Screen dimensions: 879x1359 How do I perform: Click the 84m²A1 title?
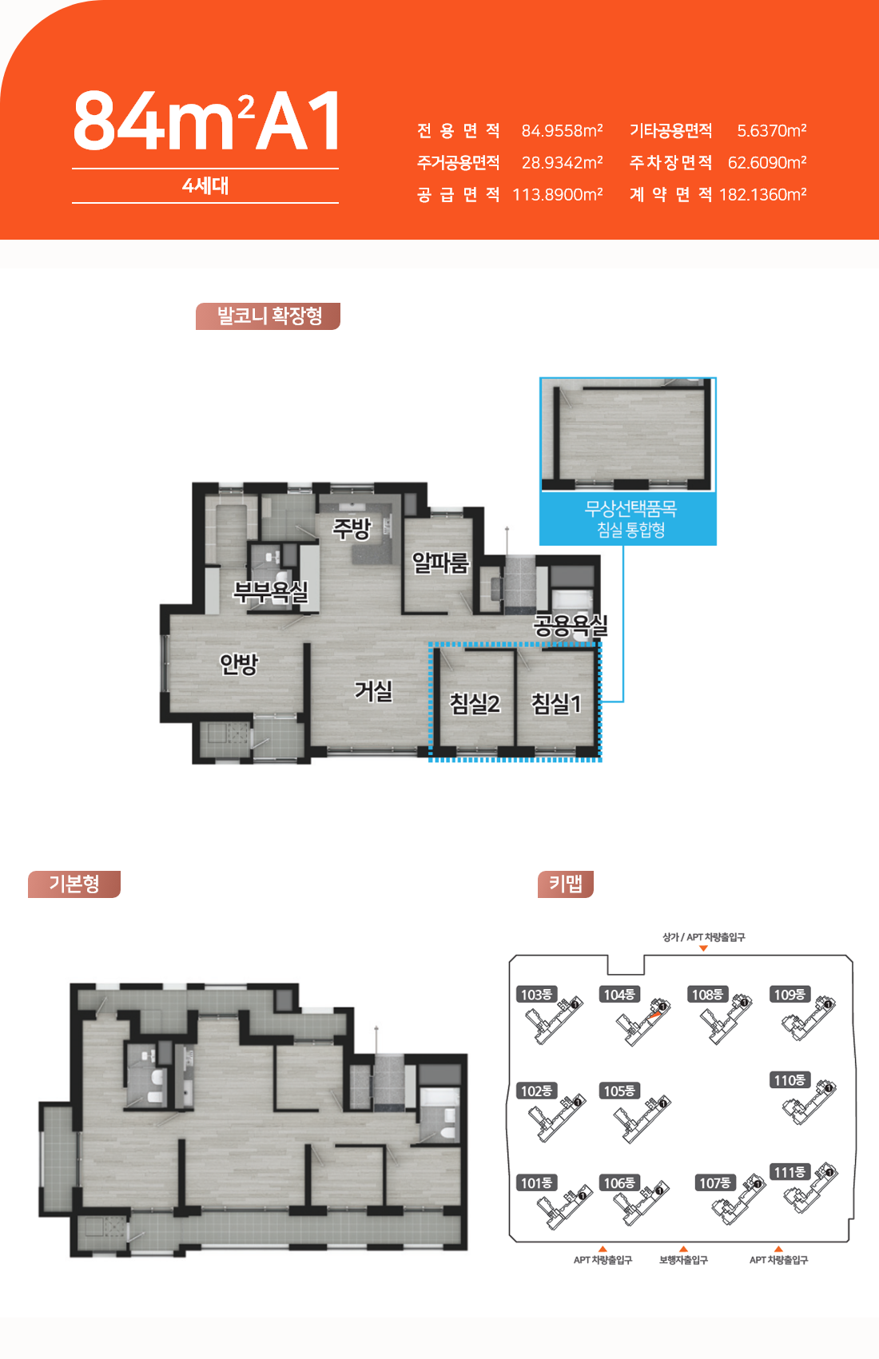point(205,120)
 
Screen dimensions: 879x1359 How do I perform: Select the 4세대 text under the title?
point(205,185)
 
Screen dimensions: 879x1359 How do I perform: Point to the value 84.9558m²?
point(562,130)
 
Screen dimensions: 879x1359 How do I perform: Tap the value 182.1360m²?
point(762,194)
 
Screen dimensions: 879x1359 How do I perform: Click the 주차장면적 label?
point(670,162)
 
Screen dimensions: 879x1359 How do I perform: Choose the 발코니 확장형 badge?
point(268,316)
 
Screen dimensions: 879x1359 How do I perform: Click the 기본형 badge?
point(74,884)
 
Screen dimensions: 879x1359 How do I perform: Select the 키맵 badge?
point(566,884)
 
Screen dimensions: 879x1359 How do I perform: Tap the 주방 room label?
point(352,528)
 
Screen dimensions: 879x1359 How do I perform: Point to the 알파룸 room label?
point(440,562)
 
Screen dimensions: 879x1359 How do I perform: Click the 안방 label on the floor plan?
point(239,664)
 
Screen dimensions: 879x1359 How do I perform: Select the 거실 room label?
point(374,690)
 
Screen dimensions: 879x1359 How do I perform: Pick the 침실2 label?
point(475,703)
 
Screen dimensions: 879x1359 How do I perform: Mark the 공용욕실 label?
point(571,626)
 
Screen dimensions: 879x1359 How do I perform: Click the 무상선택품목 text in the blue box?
point(630,508)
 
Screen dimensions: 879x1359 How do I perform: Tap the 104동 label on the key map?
point(619,994)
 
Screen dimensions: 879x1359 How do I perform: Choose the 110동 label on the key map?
point(790,1079)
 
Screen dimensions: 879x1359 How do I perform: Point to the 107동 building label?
point(715,1182)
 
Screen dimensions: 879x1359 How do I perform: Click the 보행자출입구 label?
point(684,1260)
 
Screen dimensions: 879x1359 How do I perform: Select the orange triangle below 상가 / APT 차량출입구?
point(704,948)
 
